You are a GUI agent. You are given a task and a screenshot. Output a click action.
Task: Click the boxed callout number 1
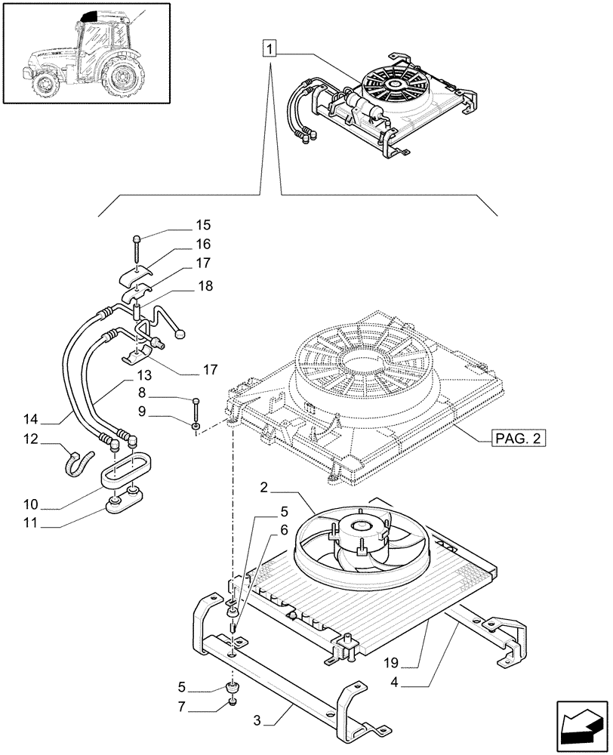(270, 50)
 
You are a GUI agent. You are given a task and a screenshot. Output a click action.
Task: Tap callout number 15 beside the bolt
(203, 225)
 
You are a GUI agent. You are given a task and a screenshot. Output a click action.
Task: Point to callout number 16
(203, 245)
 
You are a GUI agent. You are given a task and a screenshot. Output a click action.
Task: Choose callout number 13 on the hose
(143, 374)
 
